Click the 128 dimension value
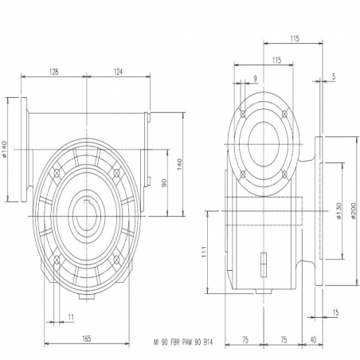click(54, 72)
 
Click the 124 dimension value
click(118, 72)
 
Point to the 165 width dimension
click(87, 338)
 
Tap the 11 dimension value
click(71, 317)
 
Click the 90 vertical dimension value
click(164, 182)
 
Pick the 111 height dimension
click(204, 252)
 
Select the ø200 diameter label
click(353, 210)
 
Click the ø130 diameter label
click(338, 211)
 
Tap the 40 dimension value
click(313, 339)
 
